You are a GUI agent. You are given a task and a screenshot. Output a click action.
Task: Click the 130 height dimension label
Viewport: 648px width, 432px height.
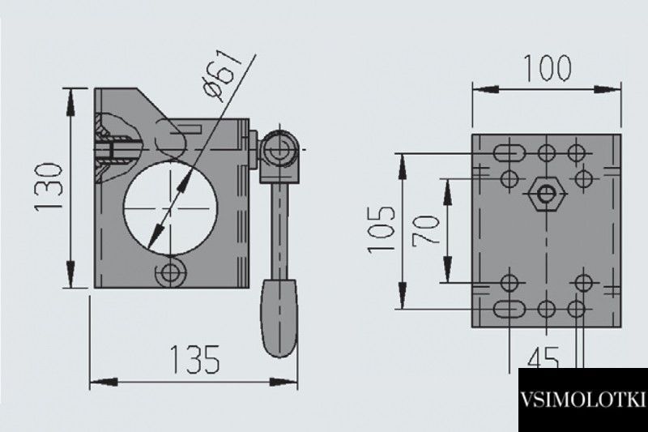tap(49, 187)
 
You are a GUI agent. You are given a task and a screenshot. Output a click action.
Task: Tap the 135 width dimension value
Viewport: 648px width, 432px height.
tap(195, 359)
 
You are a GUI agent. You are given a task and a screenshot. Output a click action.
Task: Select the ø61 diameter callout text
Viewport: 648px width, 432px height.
tap(224, 75)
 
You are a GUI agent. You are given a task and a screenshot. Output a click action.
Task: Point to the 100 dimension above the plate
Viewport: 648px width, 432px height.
tap(548, 68)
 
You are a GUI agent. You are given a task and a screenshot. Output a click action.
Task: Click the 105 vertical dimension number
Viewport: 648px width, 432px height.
tap(382, 229)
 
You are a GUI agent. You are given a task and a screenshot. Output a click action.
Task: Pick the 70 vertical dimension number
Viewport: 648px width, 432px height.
tap(426, 230)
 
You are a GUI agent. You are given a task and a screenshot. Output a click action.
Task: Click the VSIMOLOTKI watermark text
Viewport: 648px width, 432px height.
tap(582, 400)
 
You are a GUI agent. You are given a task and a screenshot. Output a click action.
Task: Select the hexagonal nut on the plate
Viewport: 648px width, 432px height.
tap(547, 193)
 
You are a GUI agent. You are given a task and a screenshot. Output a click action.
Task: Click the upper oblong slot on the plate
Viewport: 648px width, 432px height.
tap(509, 153)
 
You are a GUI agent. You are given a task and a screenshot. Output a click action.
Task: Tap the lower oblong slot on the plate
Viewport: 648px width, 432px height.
tap(509, 309)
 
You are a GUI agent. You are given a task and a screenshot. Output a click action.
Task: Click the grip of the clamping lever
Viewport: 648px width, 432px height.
tap(279, 318)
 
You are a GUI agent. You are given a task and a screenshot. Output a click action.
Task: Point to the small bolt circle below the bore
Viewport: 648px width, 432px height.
tap(170, 272)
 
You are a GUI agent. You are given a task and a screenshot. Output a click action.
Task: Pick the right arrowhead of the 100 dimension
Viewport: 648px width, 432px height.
tap(607, 89)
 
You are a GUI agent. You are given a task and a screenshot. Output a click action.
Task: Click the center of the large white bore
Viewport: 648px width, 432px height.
tap(170, 208)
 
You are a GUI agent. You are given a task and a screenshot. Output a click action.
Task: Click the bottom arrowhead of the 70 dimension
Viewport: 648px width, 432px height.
tap(448, 269)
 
